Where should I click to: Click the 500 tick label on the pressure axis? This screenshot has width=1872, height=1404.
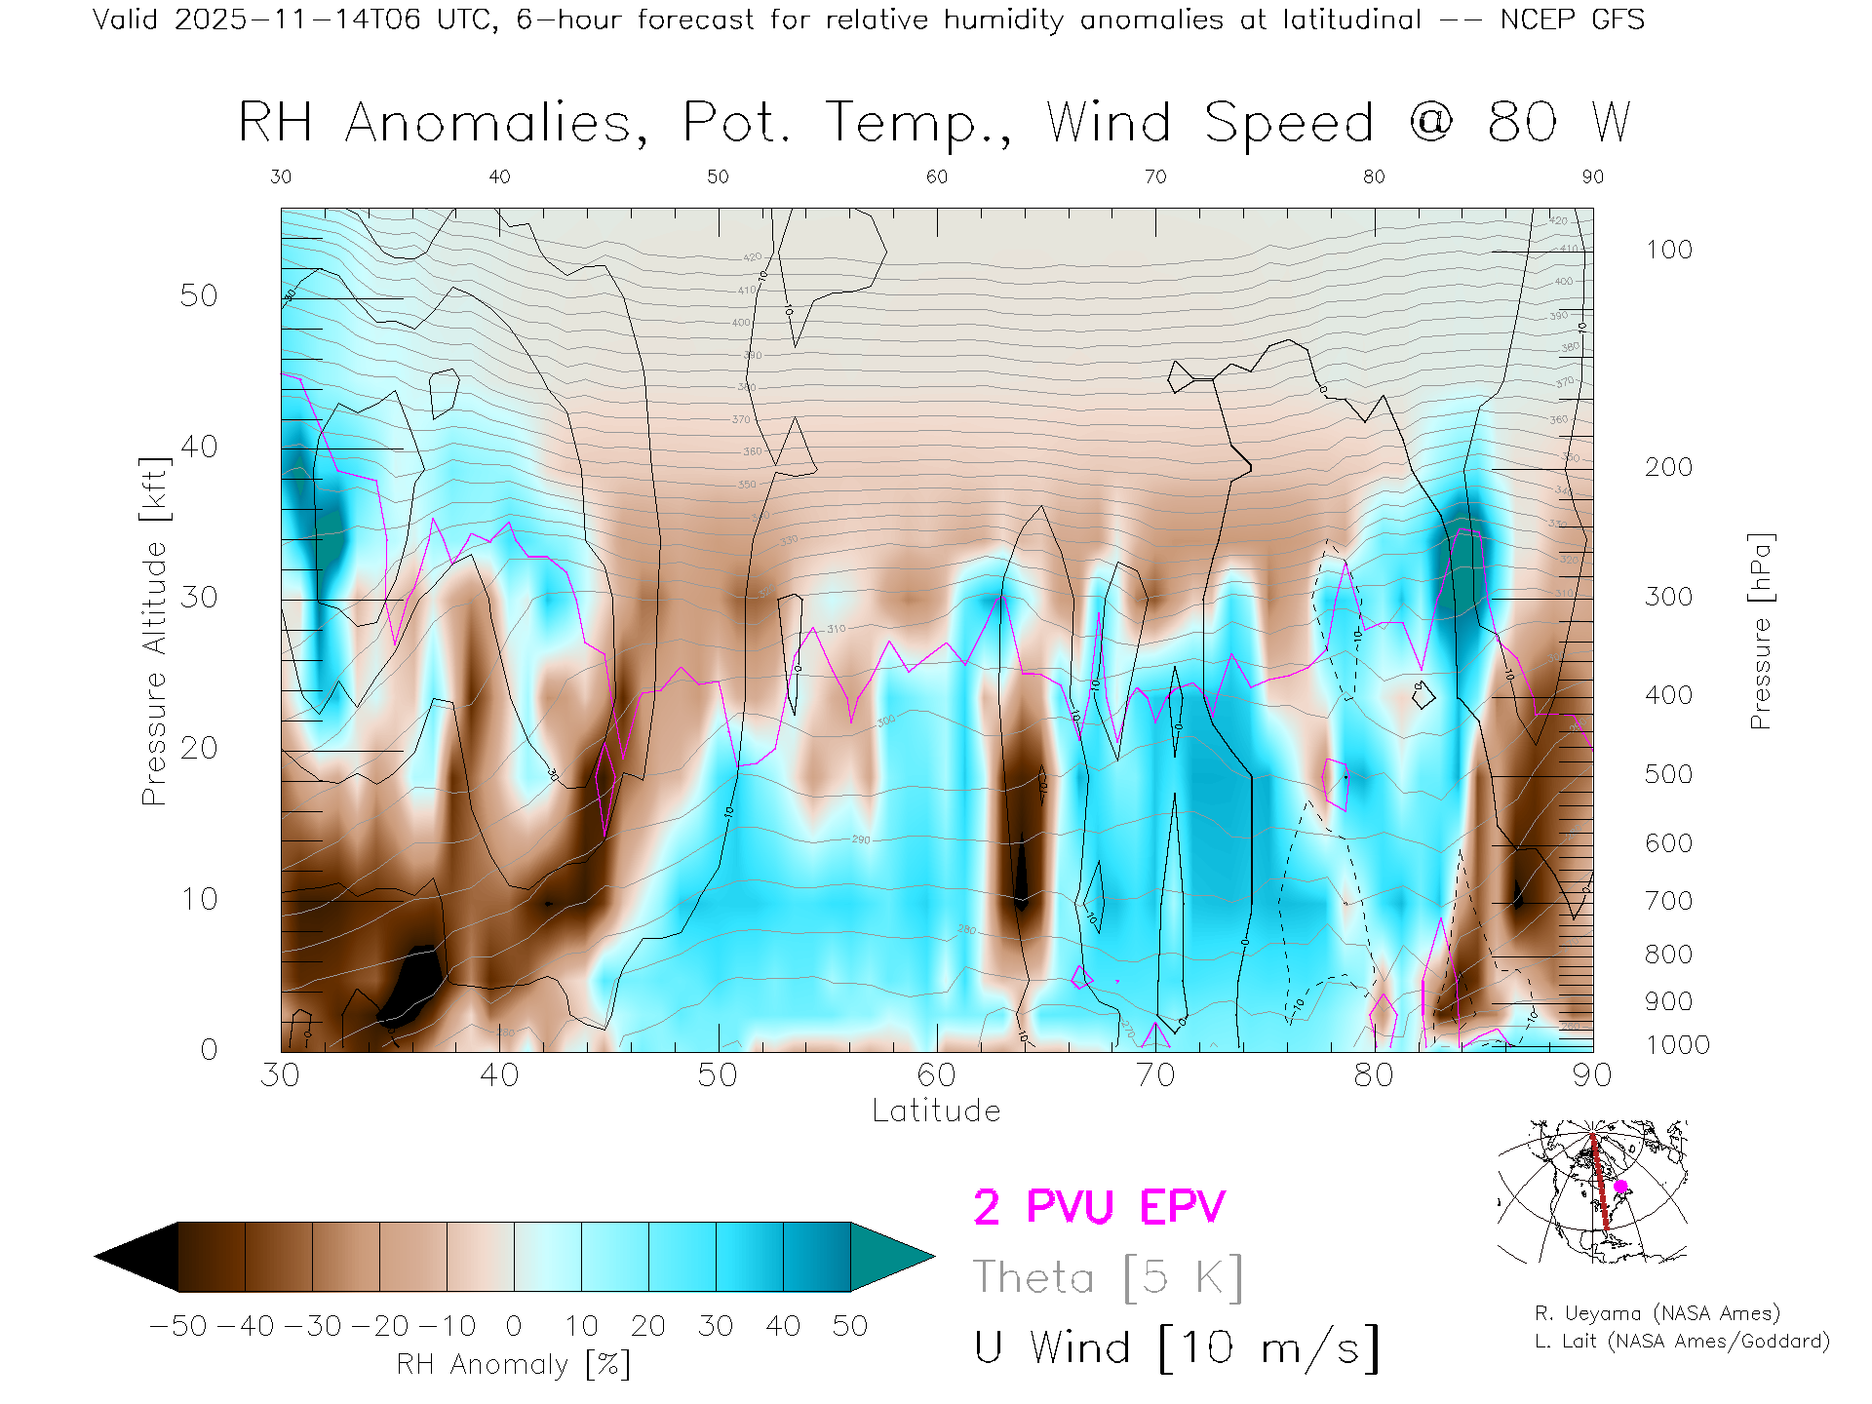pos(1668,774)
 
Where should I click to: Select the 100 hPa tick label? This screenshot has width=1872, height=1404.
pos(1668,250)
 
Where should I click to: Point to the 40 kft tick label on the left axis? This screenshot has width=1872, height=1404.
pos(198,447)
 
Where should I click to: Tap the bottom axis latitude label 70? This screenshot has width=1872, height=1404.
pos(1155,1074)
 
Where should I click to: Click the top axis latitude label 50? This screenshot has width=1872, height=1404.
pos(718,176)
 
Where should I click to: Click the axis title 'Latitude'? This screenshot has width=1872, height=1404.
pos(936,1111)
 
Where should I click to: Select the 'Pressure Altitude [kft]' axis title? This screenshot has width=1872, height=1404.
pos(154,631)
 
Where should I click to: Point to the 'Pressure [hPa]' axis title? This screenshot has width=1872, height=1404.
pos(1760,631)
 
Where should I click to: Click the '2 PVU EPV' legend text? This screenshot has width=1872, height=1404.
pos(1099,1207)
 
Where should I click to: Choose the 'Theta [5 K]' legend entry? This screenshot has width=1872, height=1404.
pos(1108,1277)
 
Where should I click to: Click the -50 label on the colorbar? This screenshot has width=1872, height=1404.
pos(178,1326)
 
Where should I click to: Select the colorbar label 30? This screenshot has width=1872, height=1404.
pos(716,1326)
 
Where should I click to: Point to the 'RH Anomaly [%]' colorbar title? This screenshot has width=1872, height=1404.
pos(514,1364)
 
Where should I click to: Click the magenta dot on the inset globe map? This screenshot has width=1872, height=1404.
pos(1620,1187)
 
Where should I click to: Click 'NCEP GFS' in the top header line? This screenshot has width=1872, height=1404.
pos(1572,19)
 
